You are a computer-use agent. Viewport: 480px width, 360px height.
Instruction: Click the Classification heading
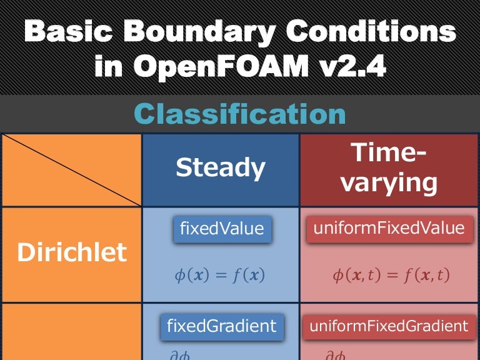(240, 114)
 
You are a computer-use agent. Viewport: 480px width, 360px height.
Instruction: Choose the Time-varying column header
(389, 167)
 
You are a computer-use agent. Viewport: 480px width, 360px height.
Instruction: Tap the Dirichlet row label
(71, 252)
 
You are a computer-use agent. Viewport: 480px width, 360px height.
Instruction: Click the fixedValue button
(222, 229)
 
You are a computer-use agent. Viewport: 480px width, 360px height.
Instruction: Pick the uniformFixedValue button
(389, 229)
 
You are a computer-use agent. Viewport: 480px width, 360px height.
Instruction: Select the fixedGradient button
(222, 326)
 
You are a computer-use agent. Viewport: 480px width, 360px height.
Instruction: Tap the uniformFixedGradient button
(389, 326)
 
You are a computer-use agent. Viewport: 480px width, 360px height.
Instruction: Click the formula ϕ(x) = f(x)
(219, 276)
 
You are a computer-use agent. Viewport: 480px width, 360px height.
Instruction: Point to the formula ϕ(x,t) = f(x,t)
(391, 276)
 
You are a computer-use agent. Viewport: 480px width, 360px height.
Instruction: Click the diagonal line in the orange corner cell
(71, 170)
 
